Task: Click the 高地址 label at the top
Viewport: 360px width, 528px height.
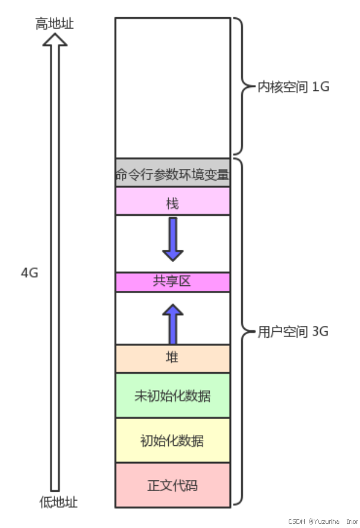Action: tap(55, 24)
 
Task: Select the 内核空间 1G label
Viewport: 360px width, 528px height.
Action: tap(293, 87)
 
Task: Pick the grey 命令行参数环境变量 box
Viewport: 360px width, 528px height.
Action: tap(172, 175)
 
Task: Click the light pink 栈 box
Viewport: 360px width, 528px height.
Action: tap(172, 203)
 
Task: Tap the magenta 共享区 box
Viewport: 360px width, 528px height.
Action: tap(172, 281)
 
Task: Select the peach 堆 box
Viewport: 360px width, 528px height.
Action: tap(172, 359)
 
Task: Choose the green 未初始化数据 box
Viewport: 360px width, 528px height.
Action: tap(172, 395)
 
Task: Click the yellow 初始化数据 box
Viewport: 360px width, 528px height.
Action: tap(172, 441)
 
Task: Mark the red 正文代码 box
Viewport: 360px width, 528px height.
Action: tap(172, 485)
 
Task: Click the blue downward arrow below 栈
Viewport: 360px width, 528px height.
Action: tap(173, 238)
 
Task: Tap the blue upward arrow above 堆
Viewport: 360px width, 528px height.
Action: tap(173, 323)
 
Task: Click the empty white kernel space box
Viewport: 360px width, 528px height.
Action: tap(172, 88)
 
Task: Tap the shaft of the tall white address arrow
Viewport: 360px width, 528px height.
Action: tap(56, 268)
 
